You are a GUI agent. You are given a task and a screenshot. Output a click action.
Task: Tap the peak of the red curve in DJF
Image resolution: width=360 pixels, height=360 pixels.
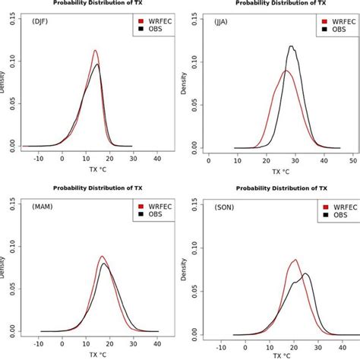[95, 51]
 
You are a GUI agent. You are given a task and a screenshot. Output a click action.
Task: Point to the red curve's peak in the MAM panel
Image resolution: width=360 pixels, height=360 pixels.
[101, 256]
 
